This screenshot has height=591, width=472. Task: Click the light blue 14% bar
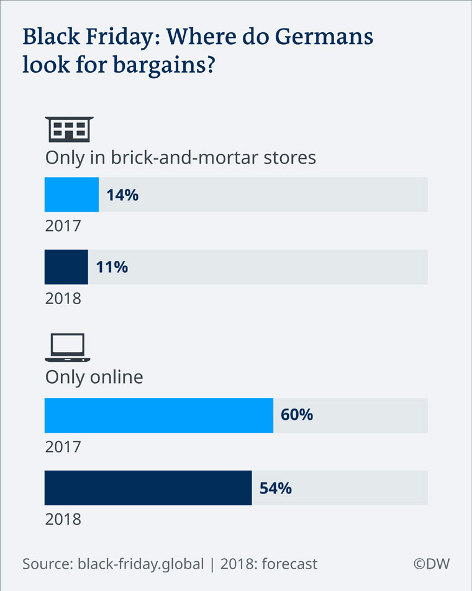click(x=71, y=195)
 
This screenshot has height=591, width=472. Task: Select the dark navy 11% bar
click(x=66, y=267)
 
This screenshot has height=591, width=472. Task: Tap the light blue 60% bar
click(x=158, y=415)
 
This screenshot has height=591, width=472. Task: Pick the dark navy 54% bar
click(x=148, y=488)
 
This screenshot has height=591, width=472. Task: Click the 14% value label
click(x=122, y=195)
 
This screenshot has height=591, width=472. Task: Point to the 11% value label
click(x=112, y=267)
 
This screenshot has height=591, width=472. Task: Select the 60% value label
click(x=297, y=415)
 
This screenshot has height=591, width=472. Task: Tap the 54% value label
click(x=275, y=488)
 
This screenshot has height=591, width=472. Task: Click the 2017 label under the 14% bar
click(x=63, y=225)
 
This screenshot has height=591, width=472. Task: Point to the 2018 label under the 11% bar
click(x=63, y=298)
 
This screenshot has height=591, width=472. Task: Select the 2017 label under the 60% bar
click(x=63, y=446)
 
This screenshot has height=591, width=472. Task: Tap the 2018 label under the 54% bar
click(x=63, y=518)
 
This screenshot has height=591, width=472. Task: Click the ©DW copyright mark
click(x=432, y=564)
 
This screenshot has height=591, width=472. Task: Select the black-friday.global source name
click(x=141, y=564)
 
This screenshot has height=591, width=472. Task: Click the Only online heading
click(x=94, y=377)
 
